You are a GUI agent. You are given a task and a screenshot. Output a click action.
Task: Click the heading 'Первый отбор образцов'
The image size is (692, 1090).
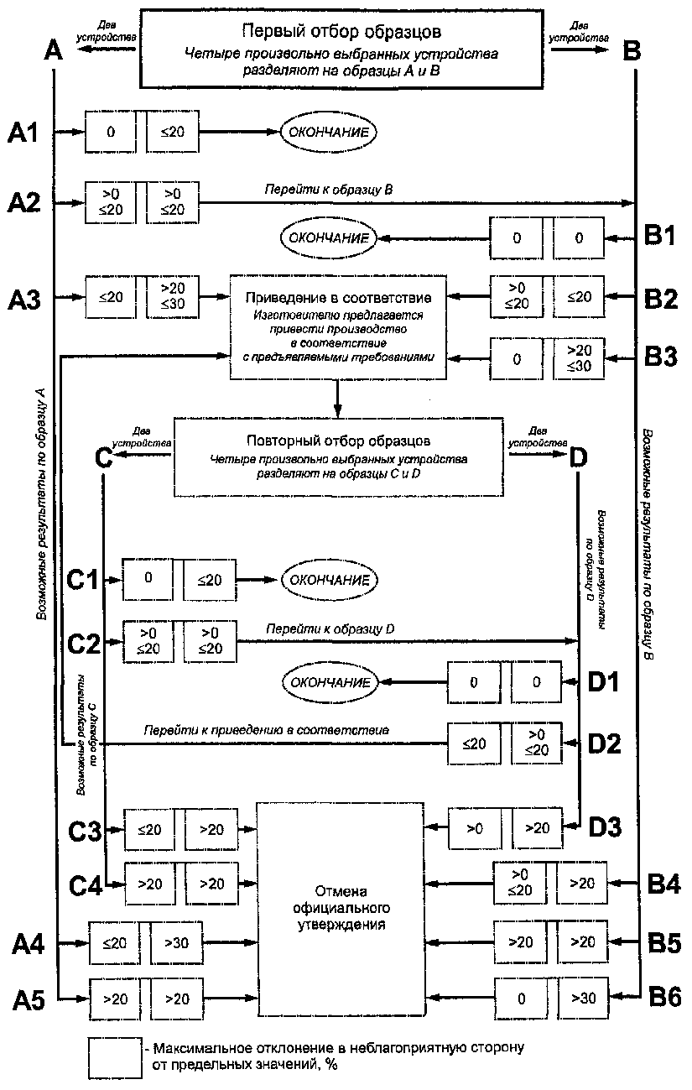[341, 32]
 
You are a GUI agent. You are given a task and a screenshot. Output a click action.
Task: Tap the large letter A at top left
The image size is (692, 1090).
[54, 50]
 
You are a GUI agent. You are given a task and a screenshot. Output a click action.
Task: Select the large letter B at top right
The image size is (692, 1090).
[632, 50]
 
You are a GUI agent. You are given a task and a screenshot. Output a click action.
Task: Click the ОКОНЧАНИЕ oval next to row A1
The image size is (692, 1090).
[329, 132]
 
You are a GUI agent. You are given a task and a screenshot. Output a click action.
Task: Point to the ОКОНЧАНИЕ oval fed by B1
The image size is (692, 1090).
[329, 238]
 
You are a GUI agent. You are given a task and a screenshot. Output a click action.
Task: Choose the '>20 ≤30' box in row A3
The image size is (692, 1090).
[173, 296]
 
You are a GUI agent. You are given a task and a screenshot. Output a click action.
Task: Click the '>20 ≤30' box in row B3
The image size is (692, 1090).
[579, 357]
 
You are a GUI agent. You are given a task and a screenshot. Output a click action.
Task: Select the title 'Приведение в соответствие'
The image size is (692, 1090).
[338, 297]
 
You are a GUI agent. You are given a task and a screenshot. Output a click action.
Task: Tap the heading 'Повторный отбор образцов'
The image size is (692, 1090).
[338, 441]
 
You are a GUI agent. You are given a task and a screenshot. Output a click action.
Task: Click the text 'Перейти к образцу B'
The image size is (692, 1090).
[329, 190]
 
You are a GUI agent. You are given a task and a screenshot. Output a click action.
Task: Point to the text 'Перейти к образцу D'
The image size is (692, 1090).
[330, 628]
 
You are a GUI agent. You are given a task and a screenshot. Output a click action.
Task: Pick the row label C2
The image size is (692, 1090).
[83, 644]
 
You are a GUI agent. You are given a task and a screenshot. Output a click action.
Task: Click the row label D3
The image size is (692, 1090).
[605, 827]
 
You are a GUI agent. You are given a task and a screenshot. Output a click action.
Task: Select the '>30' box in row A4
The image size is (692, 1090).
[176, 942]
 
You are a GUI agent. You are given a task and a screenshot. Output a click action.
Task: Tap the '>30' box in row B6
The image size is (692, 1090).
[584, 998]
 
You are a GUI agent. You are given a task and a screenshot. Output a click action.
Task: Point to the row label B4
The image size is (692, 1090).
[663, 884]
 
